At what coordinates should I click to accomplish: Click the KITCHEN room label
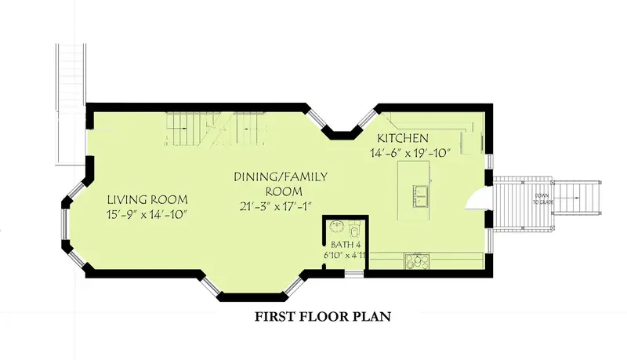coord(403,138)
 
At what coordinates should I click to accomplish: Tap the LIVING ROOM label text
coord(147,199)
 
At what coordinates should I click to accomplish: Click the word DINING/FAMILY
coord(281,176)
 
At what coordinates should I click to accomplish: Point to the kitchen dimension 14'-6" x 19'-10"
coord(411,153)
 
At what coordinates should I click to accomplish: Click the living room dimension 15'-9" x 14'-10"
coord(147,214)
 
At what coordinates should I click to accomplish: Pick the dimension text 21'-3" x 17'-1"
coord(276,206)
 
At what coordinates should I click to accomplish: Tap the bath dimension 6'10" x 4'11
coord(345,255)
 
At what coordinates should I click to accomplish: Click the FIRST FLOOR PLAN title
coord(323,317)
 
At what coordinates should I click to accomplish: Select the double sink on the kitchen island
coord(421,196)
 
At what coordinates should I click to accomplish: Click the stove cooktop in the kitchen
coord(417,261)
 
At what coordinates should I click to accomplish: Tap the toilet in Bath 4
coord(355,230)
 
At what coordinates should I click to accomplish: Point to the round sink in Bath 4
coord(336,227)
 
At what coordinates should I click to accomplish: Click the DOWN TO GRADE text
coord(543,198)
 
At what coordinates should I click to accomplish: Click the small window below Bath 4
coord(354,274)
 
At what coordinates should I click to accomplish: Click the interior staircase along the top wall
coord(216,129)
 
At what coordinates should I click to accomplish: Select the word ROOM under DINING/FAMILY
coord(284,191)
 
